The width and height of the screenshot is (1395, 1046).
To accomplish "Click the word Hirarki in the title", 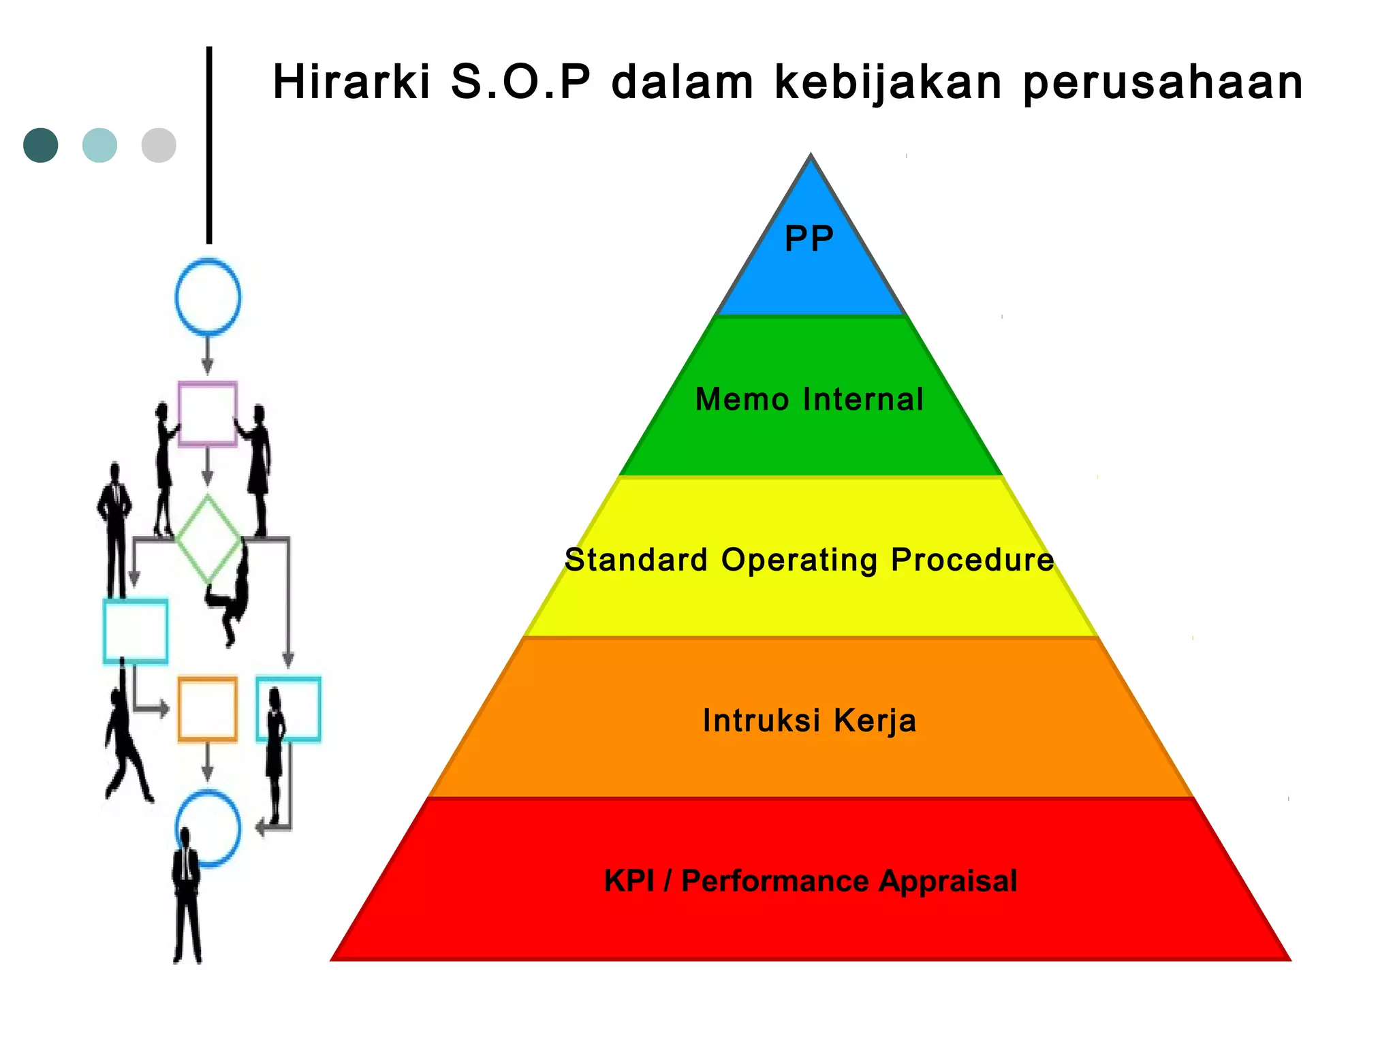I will [351, 82].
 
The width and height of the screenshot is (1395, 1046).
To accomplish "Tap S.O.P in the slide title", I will [520, 82].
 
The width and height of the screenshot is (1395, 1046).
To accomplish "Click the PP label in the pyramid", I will [809, 239].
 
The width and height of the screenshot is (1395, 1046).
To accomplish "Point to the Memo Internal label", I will [809, 399].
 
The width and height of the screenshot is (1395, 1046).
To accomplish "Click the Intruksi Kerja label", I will [809, 720].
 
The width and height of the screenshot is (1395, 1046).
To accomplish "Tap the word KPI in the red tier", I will [629, 881].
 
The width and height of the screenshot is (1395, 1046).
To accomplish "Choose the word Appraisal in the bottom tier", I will [947, 881].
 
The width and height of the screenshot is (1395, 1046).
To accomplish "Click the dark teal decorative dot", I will [41, 145].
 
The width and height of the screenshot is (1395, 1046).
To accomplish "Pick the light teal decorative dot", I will [99, 145].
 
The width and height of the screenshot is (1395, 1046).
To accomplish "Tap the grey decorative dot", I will [159, 145].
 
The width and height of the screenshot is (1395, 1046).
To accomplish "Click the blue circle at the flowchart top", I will [208, 297].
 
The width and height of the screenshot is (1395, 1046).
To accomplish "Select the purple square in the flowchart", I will [208, 413].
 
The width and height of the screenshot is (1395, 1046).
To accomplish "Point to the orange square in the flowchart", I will [208, 708].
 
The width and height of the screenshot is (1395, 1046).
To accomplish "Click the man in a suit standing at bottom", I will [186, 899].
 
